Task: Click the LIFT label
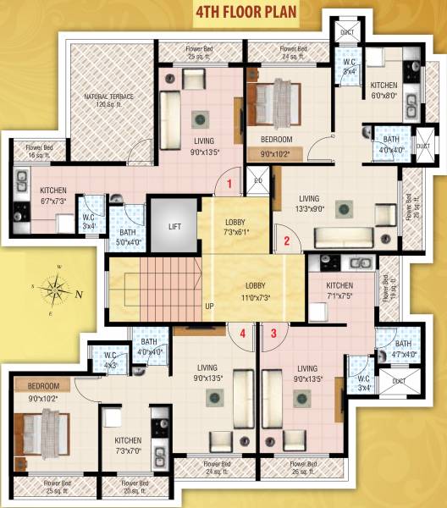174,227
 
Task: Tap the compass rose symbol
57,292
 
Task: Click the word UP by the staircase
208,306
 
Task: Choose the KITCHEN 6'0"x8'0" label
384,90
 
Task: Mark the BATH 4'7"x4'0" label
402,349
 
